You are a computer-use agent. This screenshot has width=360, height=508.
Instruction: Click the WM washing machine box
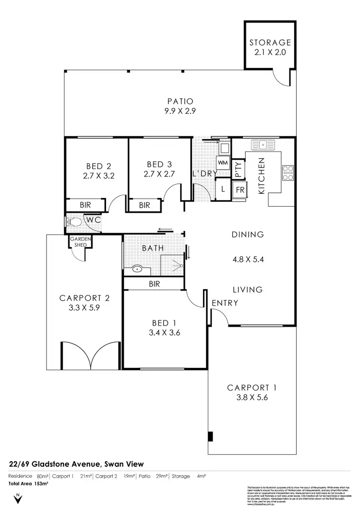tap(223, 163)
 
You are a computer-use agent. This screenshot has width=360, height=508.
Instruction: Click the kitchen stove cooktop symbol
tap(288, 173)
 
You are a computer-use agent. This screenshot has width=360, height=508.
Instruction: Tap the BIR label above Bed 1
tap(154, 284)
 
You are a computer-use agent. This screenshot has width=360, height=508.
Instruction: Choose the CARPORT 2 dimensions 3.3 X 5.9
tap(84, 308)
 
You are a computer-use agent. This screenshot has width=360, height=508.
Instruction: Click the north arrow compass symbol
tap(18, 498)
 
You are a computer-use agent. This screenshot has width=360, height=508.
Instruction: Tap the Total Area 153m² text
tap(28, 484)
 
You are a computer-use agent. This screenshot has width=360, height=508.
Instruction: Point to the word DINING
tap(248, 235)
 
